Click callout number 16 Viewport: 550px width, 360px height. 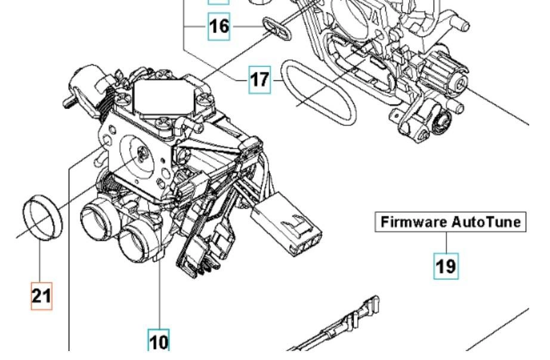tap(218, 27)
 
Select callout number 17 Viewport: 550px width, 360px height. tap(259, 80)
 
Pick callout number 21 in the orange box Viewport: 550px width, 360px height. tap(41, 296)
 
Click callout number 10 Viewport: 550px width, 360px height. tap(159, 341)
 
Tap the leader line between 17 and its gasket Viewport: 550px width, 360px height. tap(276, 80)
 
